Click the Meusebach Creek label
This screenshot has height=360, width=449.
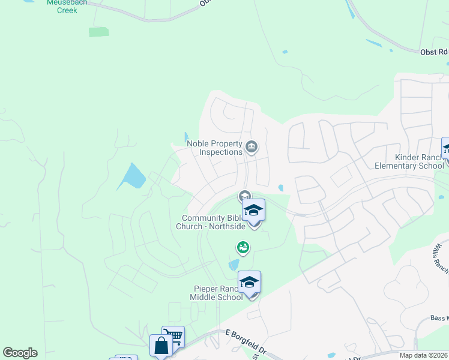pos(67,6)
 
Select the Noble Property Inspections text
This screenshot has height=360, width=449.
pos(214,148)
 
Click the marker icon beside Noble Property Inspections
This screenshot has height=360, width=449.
pos(252,146)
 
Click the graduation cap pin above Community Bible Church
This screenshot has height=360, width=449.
pos(253,211)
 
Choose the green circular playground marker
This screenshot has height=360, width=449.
pos(243,247)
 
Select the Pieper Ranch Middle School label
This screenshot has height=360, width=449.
pos(217,293)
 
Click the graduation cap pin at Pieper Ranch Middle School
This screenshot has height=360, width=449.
pos(250,283)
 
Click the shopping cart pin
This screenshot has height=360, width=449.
pos(173,337)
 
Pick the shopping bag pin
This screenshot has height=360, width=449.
pos(161,346)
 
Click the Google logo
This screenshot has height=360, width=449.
pos(20,353)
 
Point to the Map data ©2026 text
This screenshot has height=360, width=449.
pos(424,355)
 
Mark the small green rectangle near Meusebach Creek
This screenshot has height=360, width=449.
pos(99,32)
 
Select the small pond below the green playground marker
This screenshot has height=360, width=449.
pos(234,265)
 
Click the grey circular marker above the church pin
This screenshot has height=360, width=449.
pos(244,196)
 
